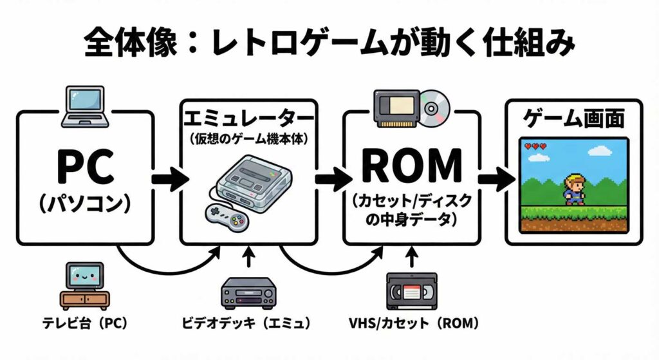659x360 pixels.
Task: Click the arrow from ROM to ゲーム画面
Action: (492, 178)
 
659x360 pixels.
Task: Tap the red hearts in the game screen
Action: (535, 147)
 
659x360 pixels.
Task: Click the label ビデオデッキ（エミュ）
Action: (248, 323)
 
